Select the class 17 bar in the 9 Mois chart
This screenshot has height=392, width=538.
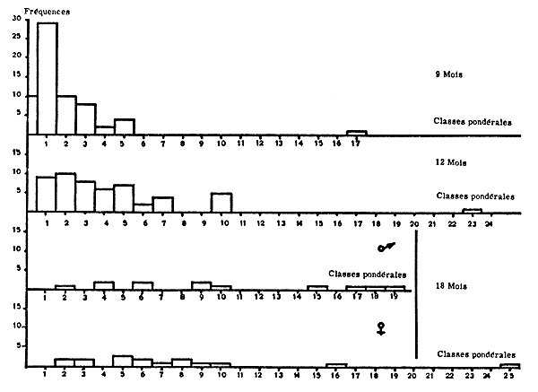pos(356,133)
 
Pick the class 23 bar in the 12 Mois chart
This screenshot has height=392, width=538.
pos(473,211)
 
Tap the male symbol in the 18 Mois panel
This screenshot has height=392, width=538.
pos(386,245)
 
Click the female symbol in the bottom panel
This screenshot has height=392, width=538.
pos(382,329)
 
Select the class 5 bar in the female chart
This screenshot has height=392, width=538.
pos(124,362)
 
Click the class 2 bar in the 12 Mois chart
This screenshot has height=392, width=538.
pos(65,192)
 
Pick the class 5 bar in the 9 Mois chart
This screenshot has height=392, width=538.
pos(124,126)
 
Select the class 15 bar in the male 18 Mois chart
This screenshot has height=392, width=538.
pos(317,288)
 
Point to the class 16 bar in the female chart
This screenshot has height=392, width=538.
pos(336,365)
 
